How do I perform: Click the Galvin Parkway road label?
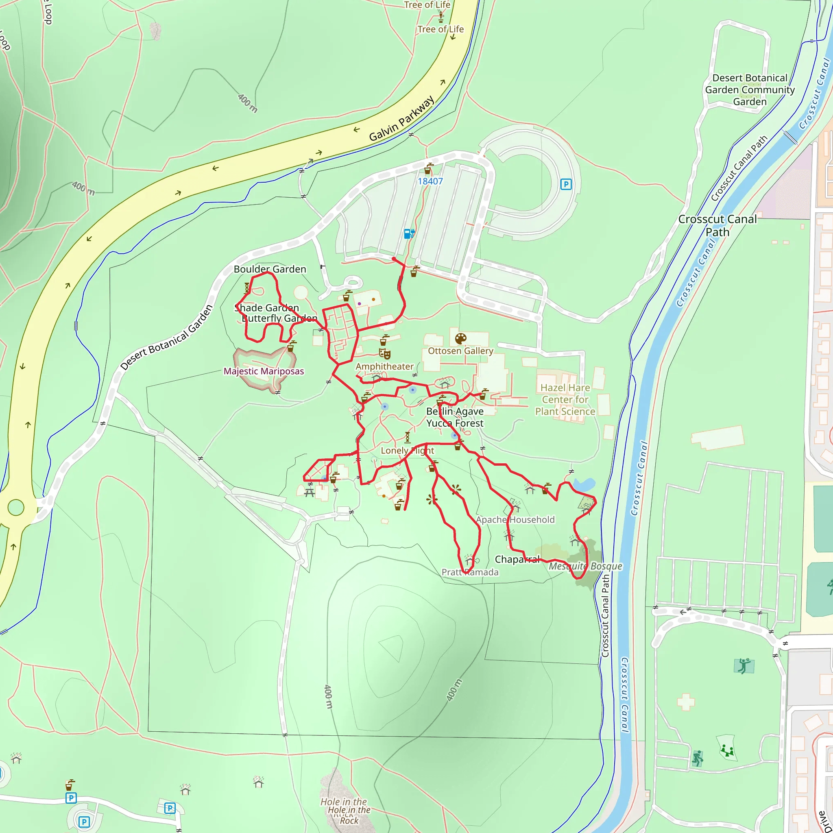click(401, 119)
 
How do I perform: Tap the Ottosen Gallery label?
click(460, 351)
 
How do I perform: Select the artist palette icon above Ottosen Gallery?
click(460, 338)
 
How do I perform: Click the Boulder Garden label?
click(270, 269)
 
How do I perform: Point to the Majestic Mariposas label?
click(264, 371)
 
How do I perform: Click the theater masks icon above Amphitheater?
click(385, 354)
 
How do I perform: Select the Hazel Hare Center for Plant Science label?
click(565, 400)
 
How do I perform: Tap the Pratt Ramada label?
click(469, 572)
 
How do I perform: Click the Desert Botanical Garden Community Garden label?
click(750, 89)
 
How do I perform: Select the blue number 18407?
click(430, 181)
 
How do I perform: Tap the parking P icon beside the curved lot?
click(566, 185)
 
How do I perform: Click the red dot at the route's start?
click(394, 259)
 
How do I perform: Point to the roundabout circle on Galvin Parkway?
click(16, 508)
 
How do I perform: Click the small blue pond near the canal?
click(584, 484)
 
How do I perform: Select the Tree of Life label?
click(440, 29)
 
